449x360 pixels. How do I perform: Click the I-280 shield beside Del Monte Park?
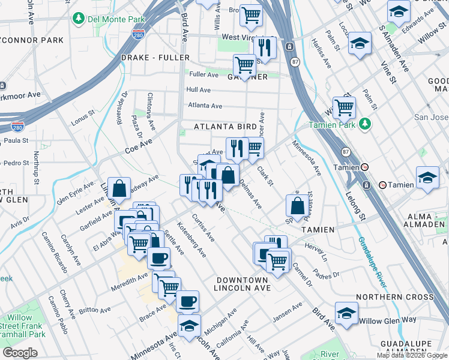(138, 35)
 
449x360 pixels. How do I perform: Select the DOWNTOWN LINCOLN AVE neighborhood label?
(242, 285)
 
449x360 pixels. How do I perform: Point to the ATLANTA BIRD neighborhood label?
(225, 127)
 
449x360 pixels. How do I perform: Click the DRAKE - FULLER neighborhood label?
(155, 58)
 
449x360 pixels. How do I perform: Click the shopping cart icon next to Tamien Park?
(345, 107)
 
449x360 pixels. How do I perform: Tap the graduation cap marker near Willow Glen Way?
(346, 314)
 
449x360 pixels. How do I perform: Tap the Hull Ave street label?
(198, 89)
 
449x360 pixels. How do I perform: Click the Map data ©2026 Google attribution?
(412, 355)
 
